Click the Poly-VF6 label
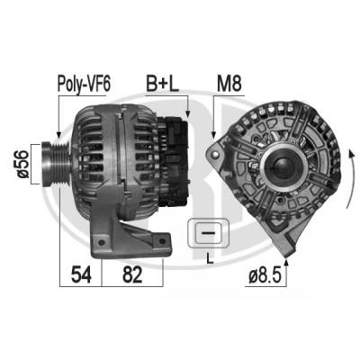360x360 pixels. [84, 84]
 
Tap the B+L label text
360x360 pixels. [163, 84]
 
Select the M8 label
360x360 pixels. [229, 84]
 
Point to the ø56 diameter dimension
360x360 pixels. [23, 164]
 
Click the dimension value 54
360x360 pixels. [81, 274]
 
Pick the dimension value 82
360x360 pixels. [132, 274]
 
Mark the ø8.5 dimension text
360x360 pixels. [265, 276]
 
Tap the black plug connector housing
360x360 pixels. [173, 162]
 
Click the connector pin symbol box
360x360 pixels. [208, 233]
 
